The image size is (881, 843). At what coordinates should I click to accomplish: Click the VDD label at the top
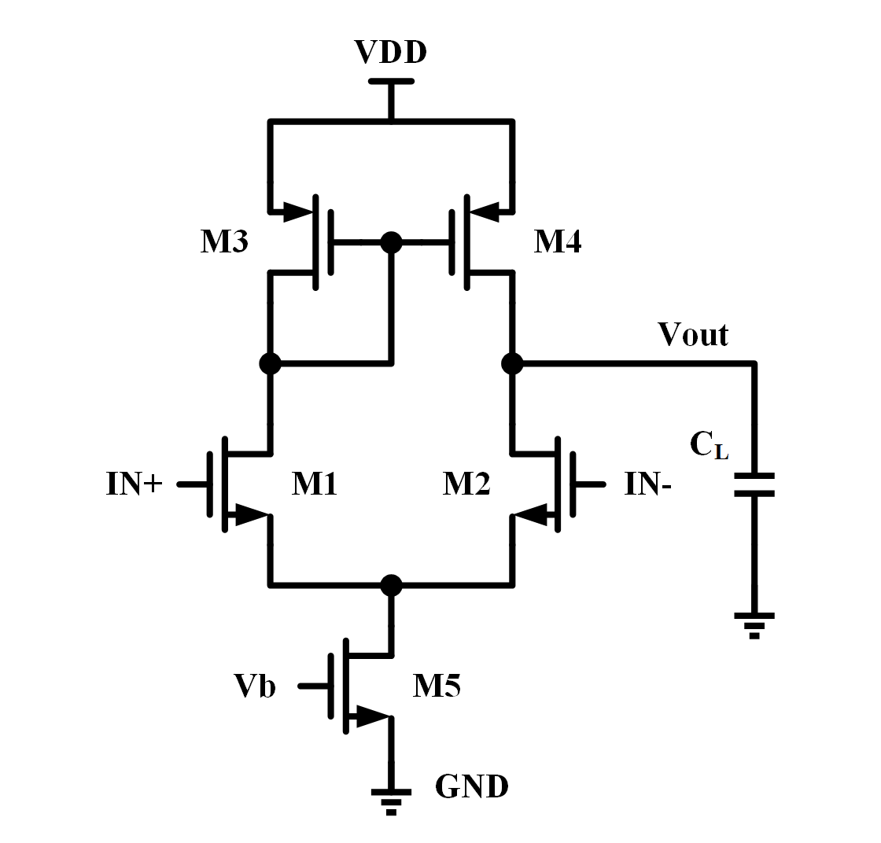[x=390, y=53]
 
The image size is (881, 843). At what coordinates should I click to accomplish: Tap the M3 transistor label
[x=224, y=242]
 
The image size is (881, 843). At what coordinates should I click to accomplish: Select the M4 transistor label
[x=558, y=242]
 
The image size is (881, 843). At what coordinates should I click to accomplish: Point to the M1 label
[x=315, y=484]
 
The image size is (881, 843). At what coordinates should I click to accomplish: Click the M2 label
[x=466, y=484]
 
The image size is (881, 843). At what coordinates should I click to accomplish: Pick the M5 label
[x=437, y=687]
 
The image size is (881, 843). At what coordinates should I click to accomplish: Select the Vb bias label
[x=255, y=687]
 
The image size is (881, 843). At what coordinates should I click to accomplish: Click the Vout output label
[x=693, y=335]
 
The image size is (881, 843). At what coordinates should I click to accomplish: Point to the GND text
[x=472, y=786]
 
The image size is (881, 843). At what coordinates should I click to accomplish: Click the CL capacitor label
[x=710, y=446]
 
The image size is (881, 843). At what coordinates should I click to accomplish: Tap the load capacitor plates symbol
[x=754, y=484]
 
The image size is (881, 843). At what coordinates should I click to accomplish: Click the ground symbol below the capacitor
[x=754, y=624]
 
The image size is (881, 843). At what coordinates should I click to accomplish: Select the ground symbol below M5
[x=390, y=801]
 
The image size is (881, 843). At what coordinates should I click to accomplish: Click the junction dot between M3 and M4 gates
[x=390, y=241]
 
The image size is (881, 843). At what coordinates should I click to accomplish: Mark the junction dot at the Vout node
[x=512, y=363]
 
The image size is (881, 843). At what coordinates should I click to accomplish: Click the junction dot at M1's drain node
[x=270, y=363]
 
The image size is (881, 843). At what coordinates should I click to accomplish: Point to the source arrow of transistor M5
[x=370, y=716]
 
